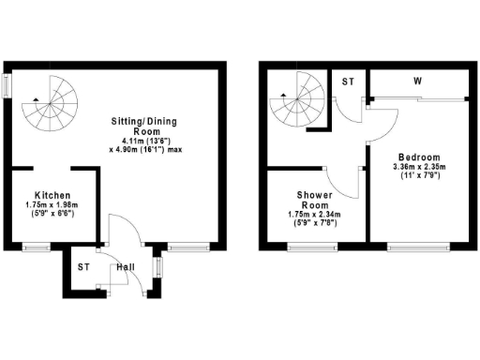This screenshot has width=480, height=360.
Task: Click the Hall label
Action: point(124,268)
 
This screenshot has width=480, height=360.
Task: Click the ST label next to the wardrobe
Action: point(348,82)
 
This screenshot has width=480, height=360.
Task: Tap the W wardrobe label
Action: point(415,82)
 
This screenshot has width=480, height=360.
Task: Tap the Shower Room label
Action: point(314,200)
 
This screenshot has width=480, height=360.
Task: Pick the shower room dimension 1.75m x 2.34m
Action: point(314,215)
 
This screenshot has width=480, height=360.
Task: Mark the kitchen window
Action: point(37,247)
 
